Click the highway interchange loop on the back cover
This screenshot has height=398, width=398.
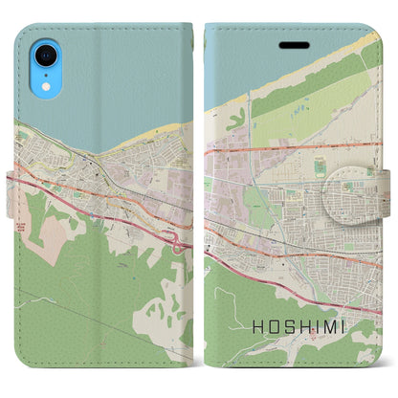click(x=179, y=240)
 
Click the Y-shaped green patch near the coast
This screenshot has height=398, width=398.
click(x=236, y=120)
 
